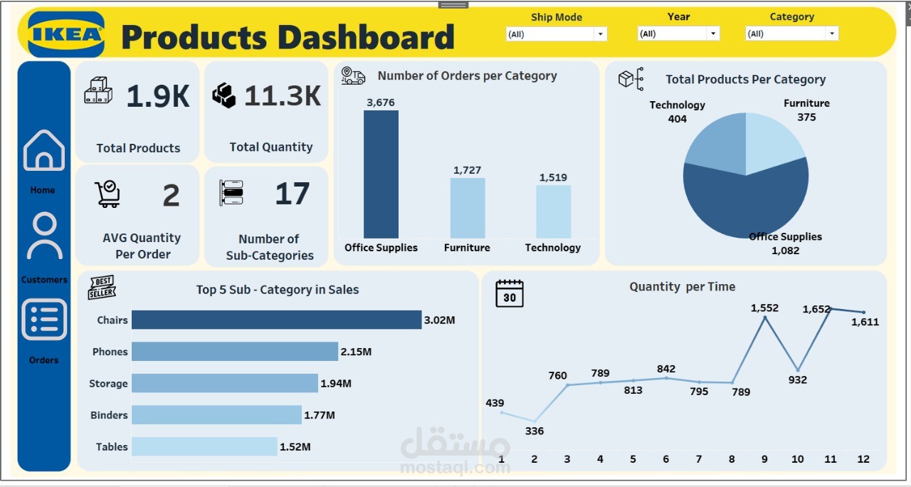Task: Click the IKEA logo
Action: click(x=66, y=34)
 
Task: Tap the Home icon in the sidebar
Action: click(x=44, y=150)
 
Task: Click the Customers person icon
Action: click(x=44, y=236)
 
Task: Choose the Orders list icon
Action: click(x=44, y=319)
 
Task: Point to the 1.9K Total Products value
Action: click(x=158, y=96)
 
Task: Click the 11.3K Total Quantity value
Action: click(x=283, y=96)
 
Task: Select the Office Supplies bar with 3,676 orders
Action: click(x=381, y=174)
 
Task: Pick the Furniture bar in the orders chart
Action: click(x=467, y=208)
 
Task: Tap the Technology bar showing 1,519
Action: click(x=553, y=211)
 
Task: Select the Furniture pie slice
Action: click(x=772, y=142)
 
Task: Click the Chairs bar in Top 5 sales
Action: click(x=276, y=320)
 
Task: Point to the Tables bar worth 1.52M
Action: click(x=204, y=446)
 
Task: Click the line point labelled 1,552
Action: click(x=765, y=318)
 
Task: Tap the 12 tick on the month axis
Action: click(x=863, y=459)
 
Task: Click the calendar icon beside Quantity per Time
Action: click(x=510, y=293)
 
